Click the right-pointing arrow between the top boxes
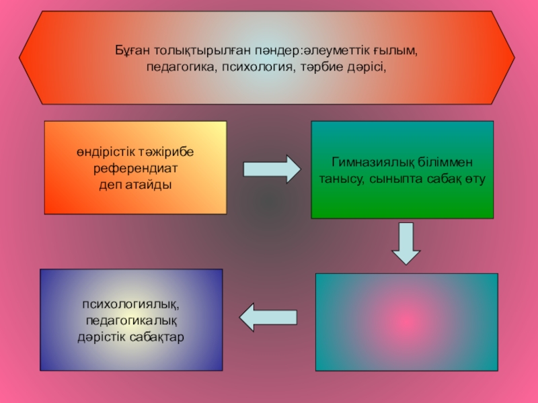pyautogui.click(x=272, y=169)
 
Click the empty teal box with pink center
pyautogui.click(x=406, y=322)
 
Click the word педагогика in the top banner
pyautogui.click(x=180, y=68)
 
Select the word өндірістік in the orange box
pyautogui.click(x=108, y=152)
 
